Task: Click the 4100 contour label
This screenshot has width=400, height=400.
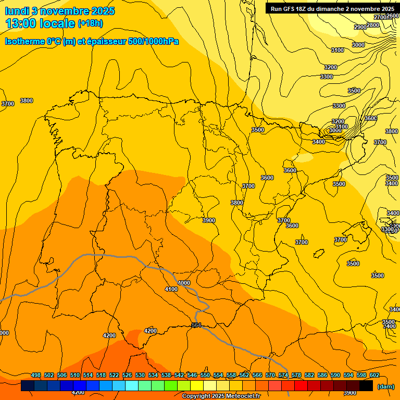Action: [171, 289]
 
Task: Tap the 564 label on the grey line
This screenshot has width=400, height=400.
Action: [196, 325]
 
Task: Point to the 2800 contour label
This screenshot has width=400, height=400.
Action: [373, 25]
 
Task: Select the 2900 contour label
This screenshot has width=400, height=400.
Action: [360, 27]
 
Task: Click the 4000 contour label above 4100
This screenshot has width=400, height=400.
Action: [184, 283]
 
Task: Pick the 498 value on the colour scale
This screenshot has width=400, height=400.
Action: [36, 375]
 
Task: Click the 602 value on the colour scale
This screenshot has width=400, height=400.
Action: [374, 375]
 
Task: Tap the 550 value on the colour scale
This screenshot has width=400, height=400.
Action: [205, 375]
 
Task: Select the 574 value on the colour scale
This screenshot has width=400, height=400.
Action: [283, 375]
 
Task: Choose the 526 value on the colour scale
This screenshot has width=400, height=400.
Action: [127, 375]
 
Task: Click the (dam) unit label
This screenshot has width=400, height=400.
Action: [385, 386]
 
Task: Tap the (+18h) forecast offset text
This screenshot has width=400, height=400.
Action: [90, 23]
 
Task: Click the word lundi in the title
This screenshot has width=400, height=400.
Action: [17, 11]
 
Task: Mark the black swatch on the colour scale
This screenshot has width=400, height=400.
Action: [366, 386]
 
